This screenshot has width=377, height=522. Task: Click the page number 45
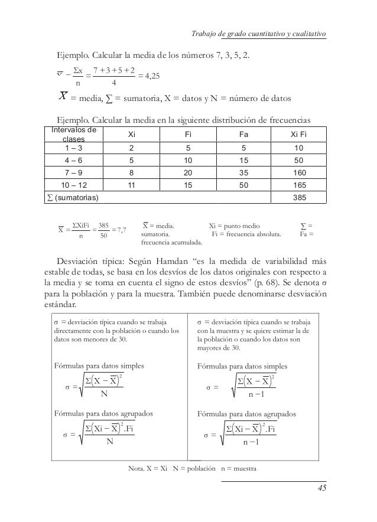point(321,488)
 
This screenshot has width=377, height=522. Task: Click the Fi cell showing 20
point(188,174)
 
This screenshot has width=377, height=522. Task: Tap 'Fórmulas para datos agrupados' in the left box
point(103,414)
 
